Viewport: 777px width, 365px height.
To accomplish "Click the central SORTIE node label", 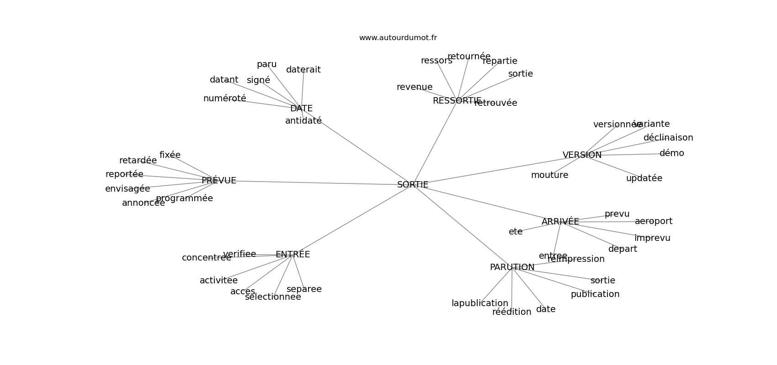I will tap(413, 185).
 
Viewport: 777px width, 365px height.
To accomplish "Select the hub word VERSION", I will tap(582, 155).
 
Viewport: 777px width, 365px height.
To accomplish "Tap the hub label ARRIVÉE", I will tap(560, 222).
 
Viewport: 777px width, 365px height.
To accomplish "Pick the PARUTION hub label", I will tap(512, 267).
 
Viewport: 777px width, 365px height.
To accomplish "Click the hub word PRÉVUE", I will tap(219, 181).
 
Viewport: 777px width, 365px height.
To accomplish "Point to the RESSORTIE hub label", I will tap(457, 101).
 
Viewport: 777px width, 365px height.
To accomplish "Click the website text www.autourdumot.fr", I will tap(398, 38).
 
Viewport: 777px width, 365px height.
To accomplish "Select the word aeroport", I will tap(654, 221).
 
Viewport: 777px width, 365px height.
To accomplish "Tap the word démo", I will tap(671, 153).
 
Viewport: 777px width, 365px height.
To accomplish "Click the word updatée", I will tap(644, 178).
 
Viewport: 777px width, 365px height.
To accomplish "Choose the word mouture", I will tap(549, 175).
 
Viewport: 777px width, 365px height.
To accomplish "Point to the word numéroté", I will tap(224, 99).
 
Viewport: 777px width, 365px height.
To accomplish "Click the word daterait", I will tap(303, 70).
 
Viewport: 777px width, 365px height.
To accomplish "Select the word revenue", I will tap(414, 87).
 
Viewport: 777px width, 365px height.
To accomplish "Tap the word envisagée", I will tap(128, 189).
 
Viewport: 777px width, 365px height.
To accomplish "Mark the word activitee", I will tap(218, 281).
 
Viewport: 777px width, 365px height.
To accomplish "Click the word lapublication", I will tap(479, 303).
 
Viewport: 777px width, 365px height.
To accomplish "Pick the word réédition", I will tap(511, 312).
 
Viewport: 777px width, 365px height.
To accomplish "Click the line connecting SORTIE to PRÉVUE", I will tap(315, 182).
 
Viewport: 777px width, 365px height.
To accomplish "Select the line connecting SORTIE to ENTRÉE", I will tap(352, 220).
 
